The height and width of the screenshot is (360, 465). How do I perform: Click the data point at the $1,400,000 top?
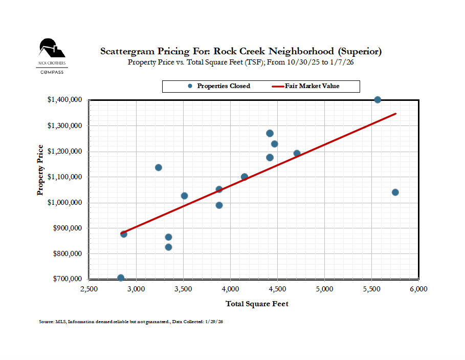point(378,100)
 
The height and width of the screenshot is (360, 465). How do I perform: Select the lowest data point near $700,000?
point(121,278)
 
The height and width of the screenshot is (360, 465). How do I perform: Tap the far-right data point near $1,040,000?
point(395,193)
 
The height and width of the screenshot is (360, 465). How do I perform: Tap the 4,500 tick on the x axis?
point(277,289)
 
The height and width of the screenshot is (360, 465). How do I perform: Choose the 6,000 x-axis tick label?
point(418,289)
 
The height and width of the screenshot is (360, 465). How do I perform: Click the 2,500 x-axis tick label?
point(89,289)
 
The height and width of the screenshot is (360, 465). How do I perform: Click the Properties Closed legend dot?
point(190,86)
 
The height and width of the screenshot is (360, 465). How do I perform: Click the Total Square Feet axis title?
point(257,304)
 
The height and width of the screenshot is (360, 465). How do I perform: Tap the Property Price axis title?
point(40,170)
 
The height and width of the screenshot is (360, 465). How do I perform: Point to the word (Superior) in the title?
point(359,52)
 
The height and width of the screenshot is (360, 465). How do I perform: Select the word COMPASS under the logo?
point(52,72)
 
